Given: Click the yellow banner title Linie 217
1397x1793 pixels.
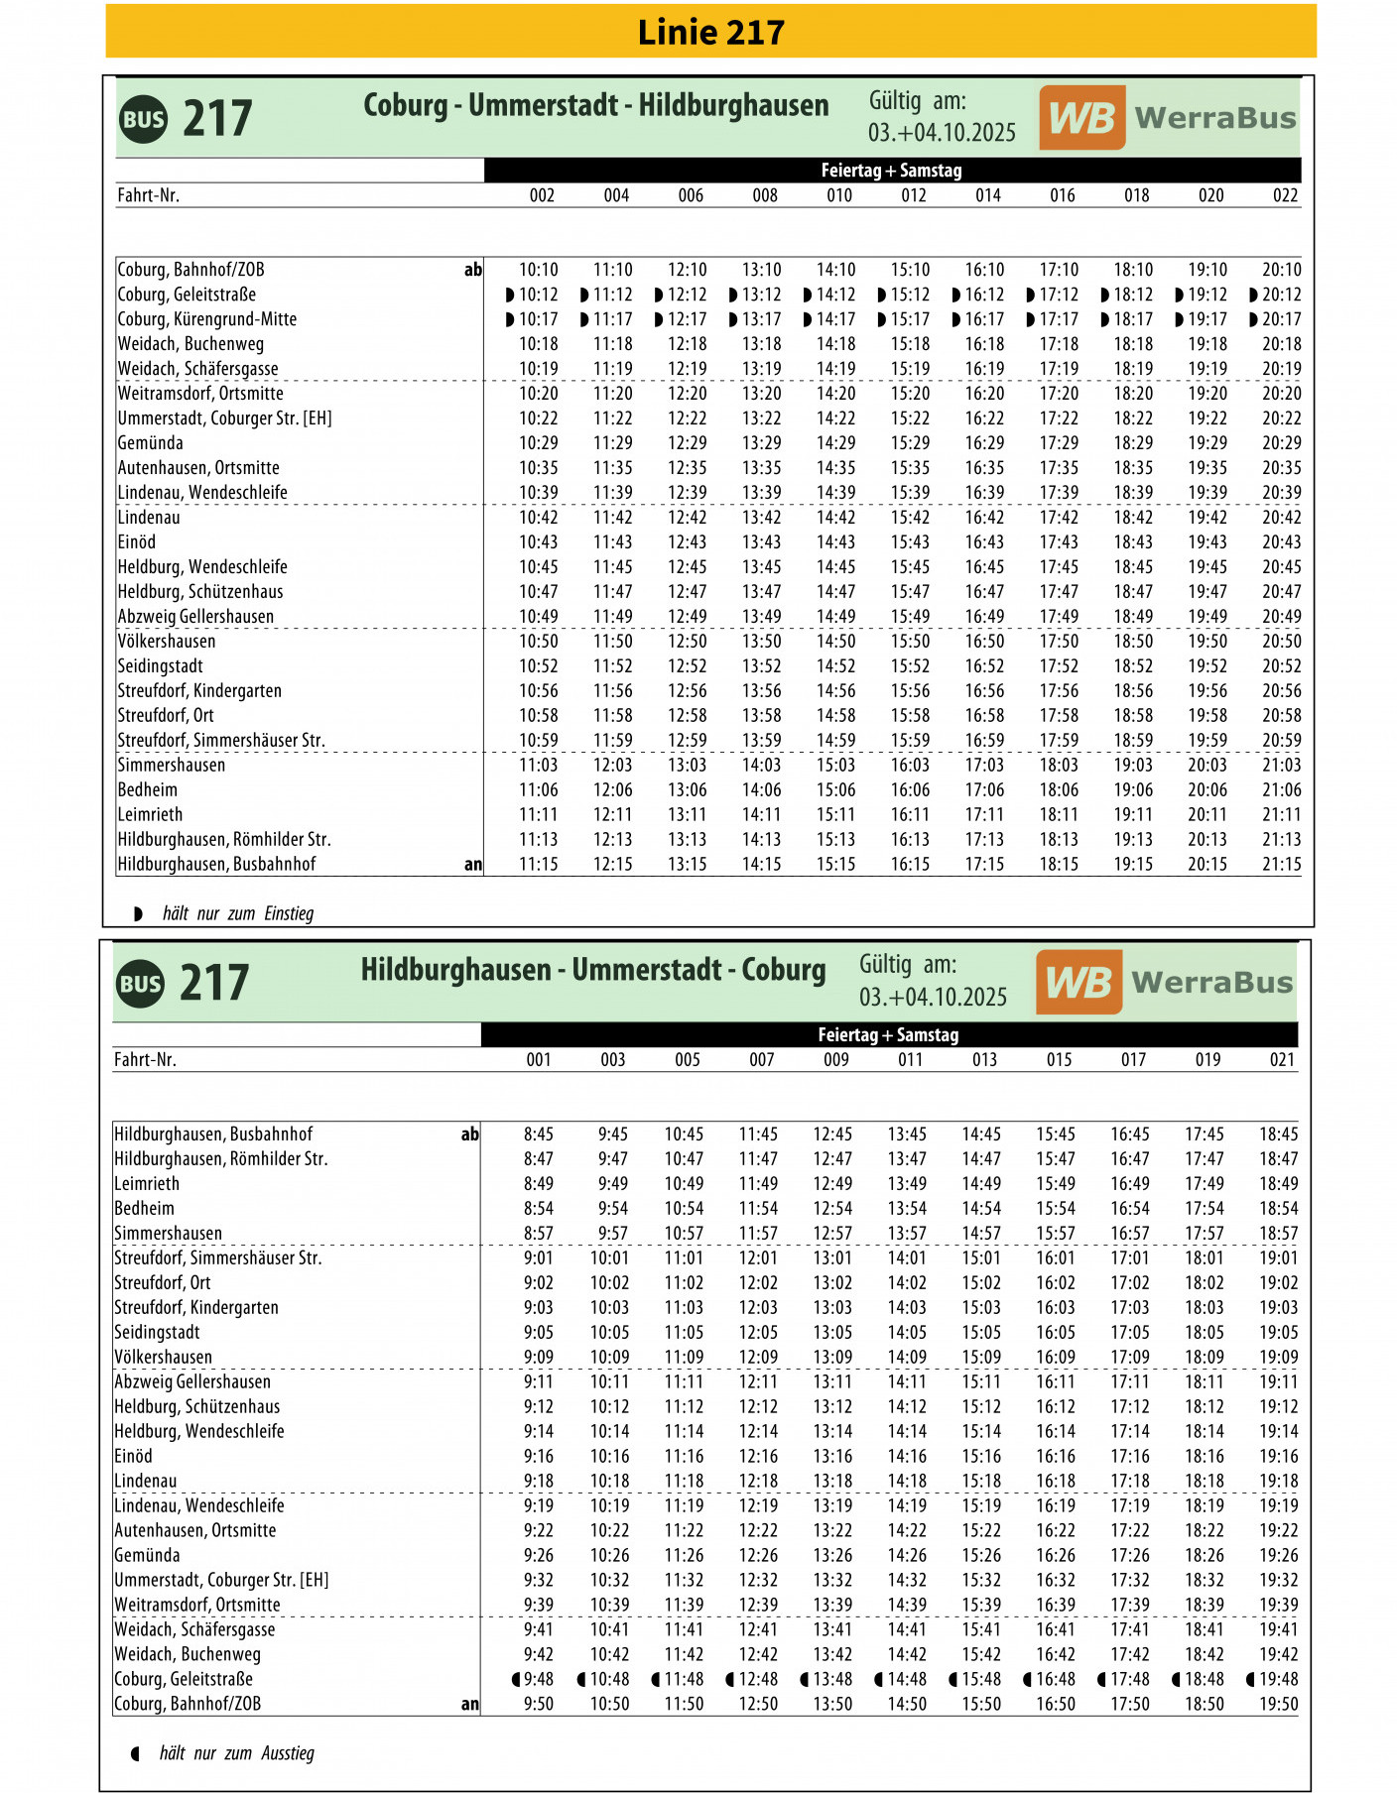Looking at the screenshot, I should [x=710, y=33].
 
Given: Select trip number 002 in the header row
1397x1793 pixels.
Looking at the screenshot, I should [x=542, y=195].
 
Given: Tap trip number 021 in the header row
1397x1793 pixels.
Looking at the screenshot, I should [x=1282, y=1060].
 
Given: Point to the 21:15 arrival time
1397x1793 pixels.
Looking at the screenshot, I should [x=1281, y=864].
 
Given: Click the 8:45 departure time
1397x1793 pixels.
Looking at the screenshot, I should [x=539, y=1134].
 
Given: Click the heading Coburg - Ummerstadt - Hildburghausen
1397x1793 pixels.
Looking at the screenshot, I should [x=595, y=105].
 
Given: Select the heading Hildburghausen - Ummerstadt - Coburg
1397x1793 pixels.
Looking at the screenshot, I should [x=592, y=970].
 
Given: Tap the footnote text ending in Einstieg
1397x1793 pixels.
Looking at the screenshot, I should [x=238, y=913].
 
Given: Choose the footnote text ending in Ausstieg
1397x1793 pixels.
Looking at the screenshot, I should [x=236, y=1753].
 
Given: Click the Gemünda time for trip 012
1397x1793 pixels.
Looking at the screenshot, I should [x=910, y=443].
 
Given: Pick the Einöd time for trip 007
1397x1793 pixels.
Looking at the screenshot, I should [x=758, y=1456].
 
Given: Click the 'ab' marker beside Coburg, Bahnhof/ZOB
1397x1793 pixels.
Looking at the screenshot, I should [x=473, y=270].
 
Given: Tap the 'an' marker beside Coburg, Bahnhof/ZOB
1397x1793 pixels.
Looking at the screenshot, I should [x=469, y=1704].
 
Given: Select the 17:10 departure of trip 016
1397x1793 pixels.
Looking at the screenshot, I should [x=1059, y=270].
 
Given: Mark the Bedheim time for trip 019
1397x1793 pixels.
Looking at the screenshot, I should [x=1205, y=1208].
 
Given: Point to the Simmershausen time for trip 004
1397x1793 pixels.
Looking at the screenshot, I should [x=612, y=765].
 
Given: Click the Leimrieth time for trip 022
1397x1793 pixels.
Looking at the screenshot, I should [x=1281, y=814].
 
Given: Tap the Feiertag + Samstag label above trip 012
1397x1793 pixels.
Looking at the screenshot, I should [x=891, y=171].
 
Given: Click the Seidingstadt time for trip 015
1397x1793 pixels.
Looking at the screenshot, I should [x=1056, y=1332].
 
